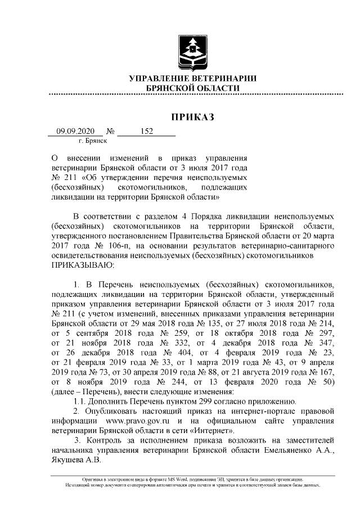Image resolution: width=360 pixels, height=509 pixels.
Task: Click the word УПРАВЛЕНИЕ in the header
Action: (159, 79)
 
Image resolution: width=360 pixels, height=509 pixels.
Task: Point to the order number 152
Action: (146, 131)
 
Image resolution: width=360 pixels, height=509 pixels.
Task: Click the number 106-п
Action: (110, 246)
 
